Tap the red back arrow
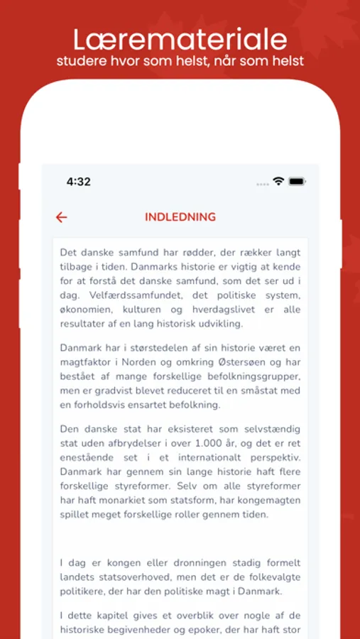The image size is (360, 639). (62, 217)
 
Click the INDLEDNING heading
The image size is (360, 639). (180, 217)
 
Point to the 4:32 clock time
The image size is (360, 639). (79, 182)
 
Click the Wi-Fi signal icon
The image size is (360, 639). (278, 182)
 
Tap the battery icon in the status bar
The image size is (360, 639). (297, 182)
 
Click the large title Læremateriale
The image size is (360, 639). (180, 38)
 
